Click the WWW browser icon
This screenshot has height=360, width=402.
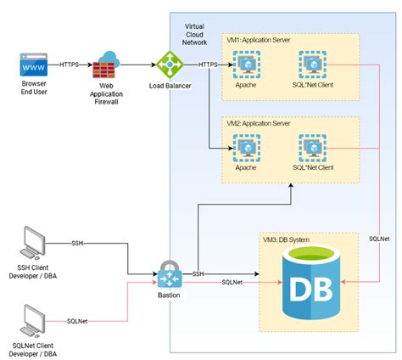click(34, 65)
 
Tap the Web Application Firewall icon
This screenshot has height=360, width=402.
click(106, 65)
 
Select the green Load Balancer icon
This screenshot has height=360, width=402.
click(170, 65)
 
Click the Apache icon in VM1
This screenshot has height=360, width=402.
click(247, 65)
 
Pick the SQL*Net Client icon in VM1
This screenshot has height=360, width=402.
click(312, 65)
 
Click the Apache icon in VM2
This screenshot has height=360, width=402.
click(247, 148)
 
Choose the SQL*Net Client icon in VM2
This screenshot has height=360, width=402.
click(312, 148)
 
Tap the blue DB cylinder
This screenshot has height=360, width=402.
click(311, 282)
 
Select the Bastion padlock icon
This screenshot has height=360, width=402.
click(170, 274)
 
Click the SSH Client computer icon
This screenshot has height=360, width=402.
click(33, 243)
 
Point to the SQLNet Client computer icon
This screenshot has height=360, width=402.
click(33, 321)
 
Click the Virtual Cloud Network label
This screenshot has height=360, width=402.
click(194, 35)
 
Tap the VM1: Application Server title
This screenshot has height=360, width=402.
click(259, 40)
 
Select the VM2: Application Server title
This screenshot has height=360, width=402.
click(259, 123)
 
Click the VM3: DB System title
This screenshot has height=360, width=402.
click(286, 239)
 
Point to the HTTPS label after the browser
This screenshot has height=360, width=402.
click(69, 65)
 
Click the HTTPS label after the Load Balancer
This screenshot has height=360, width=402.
click(208, 65)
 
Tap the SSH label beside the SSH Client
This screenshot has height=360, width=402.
click(77, 244)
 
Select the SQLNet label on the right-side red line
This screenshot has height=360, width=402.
click(379, 239)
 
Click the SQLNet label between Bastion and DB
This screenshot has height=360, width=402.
click(232, 282)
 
